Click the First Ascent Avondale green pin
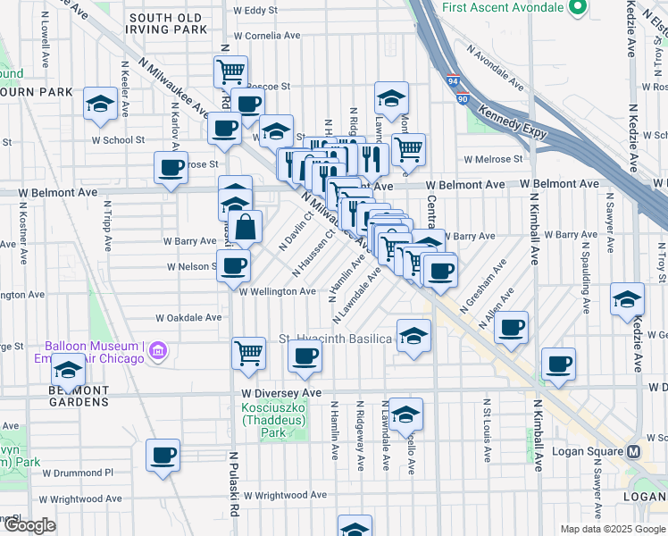click(576, 8)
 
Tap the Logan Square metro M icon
click(632, 451)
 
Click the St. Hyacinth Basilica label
click(335, 339)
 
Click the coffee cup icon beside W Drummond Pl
click(163, 455)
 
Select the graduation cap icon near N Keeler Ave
click(100, 104)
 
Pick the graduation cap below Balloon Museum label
click(68, 369)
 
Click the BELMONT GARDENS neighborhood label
click(79, 397)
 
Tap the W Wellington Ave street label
click(277, 291)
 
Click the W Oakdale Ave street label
click(188, 317)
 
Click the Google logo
click(29, 525)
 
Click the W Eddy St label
click(255, 11)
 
